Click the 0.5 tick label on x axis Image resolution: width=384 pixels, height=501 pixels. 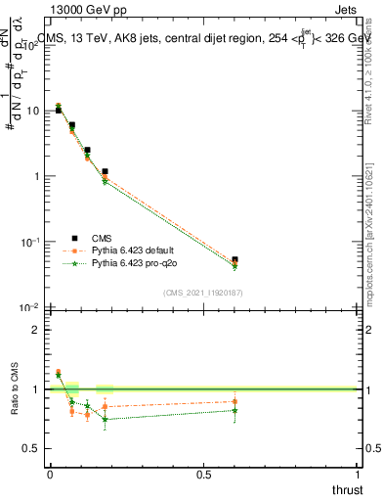point(204,475)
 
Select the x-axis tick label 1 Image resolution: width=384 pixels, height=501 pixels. point(359,475)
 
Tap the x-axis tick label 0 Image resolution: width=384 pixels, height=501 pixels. point(50,475)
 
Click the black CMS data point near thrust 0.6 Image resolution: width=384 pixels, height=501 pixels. point(235,259)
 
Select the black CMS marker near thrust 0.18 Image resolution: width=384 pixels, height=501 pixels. point(105,171)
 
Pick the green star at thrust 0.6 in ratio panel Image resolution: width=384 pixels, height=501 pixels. point(235,410)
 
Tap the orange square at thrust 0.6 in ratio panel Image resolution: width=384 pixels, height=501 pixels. point(235,401)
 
